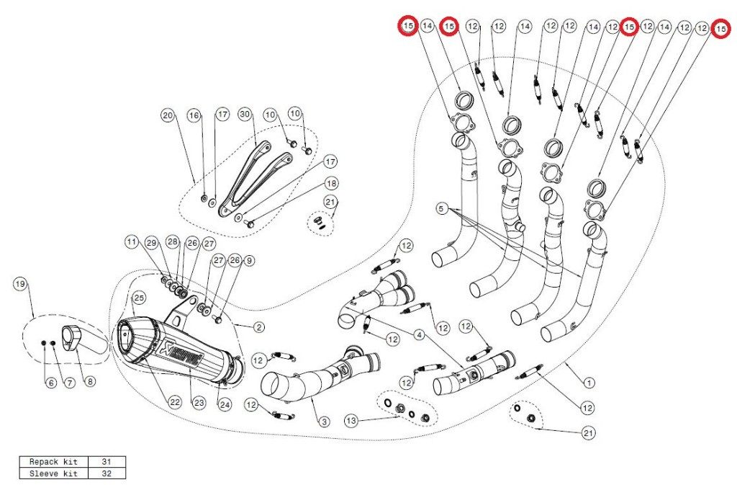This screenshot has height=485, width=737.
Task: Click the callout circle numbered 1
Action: pyautogui.click(x=589, y=383)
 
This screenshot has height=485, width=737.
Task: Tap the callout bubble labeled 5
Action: pyautogui.click(x=441, y=209)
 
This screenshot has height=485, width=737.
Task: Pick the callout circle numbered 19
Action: pyautogui.click(x=21, y=285)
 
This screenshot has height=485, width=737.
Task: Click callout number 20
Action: pyautogui.click(x=168, y=115)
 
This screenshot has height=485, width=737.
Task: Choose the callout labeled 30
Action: pyautogui.click(x=244, y=115)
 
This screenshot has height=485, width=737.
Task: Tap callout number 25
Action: pyautogui.click(x=139, y=297)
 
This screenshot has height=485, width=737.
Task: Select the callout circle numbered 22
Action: pyautogui.click(x=175, y=402)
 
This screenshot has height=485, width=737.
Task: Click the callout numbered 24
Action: pyautogui.click(x=225, y=404)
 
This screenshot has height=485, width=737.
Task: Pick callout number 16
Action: pyautogui.click(x=194, y=115)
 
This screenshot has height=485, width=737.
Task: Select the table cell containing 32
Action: pyautogui.click(x=107, y=473)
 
